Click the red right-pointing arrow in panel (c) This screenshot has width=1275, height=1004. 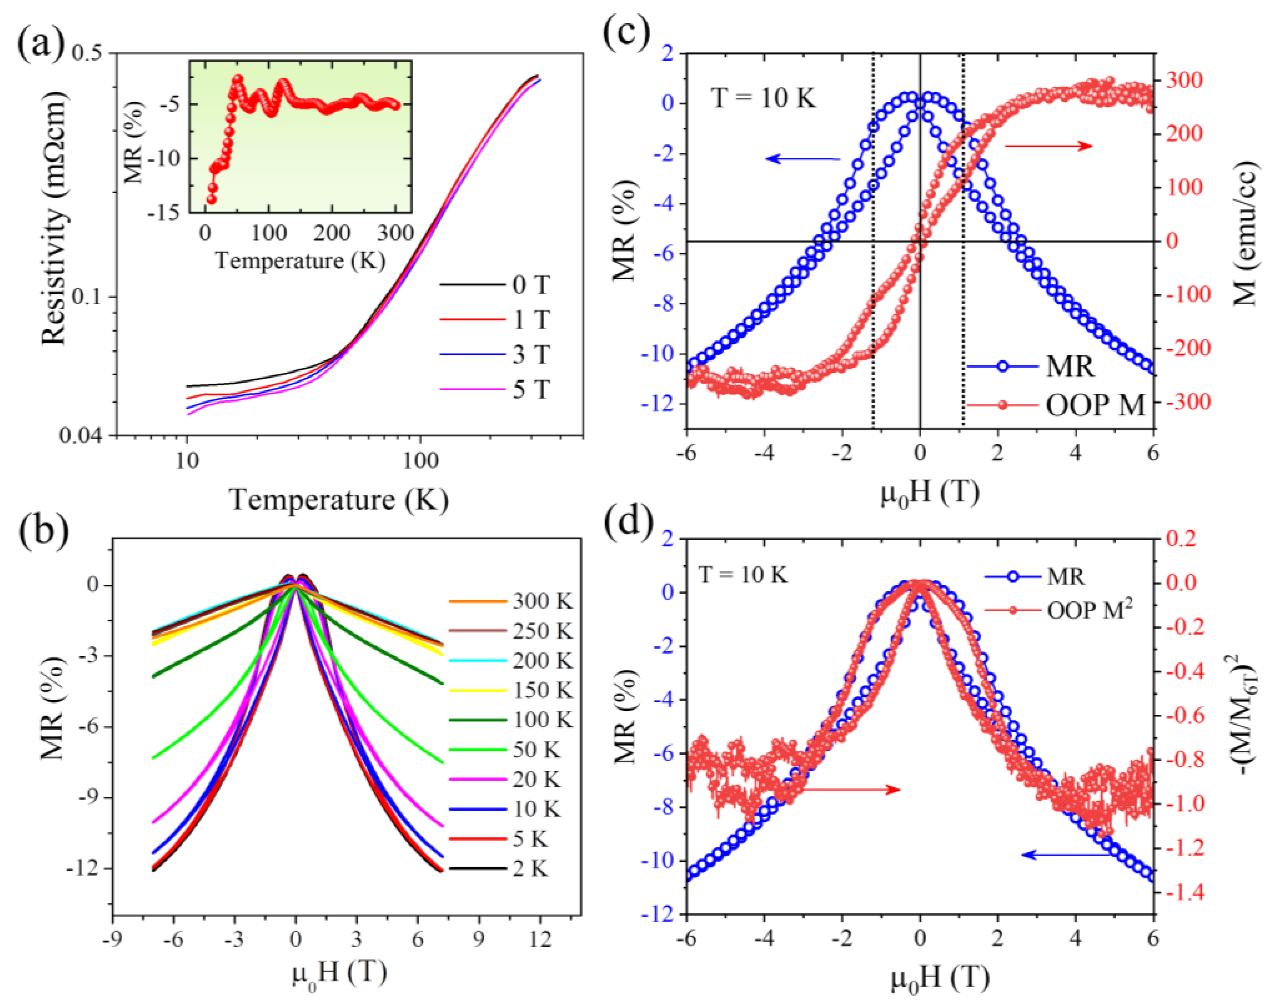1048,146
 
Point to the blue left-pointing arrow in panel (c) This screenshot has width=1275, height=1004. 803,159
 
